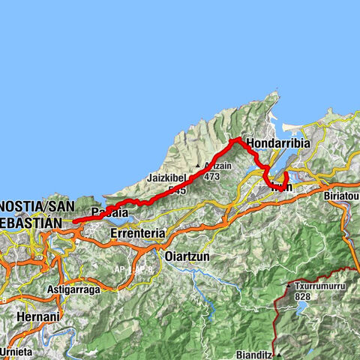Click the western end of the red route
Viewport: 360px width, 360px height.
point(73,221)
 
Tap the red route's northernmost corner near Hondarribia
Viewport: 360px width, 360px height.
point(235,139)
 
